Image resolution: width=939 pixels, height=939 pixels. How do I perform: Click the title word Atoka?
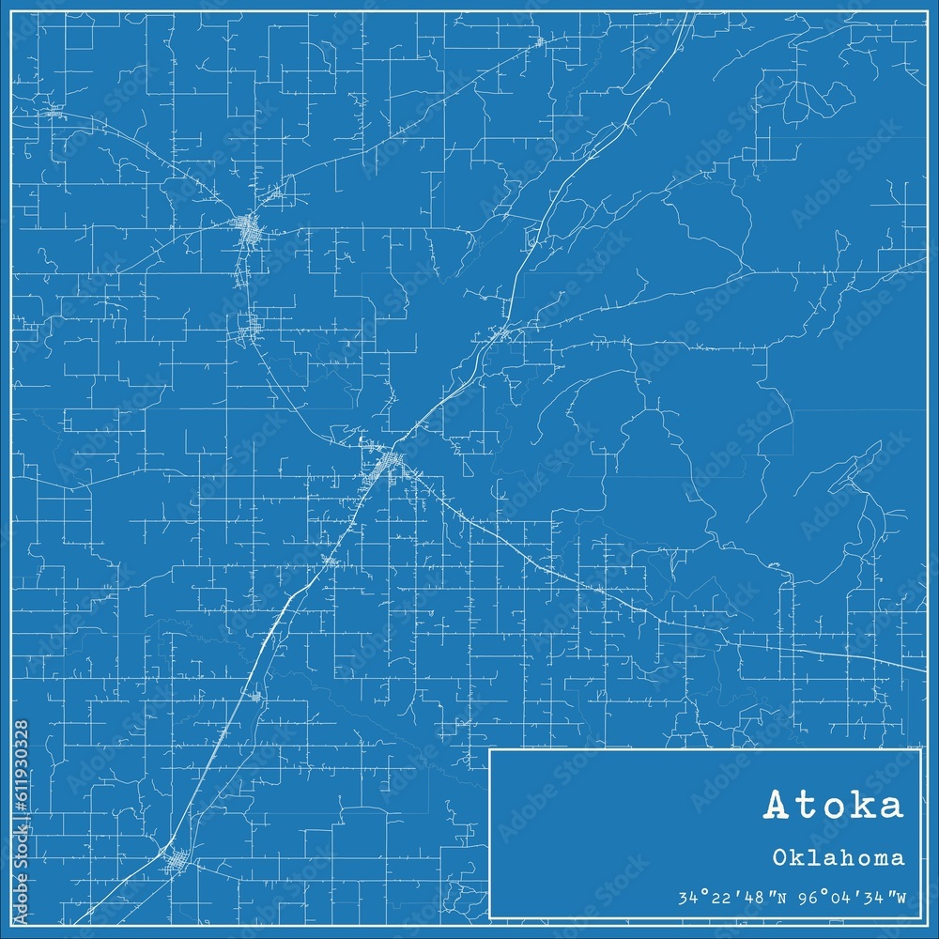pos(834,806)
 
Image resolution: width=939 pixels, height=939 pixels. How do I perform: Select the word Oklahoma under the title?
pos(839,857)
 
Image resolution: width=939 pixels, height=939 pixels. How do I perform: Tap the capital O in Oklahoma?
pos(781,857)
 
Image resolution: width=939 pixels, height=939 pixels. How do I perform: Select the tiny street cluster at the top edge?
pos(539,41)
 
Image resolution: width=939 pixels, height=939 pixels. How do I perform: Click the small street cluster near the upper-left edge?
pos(54,110)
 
